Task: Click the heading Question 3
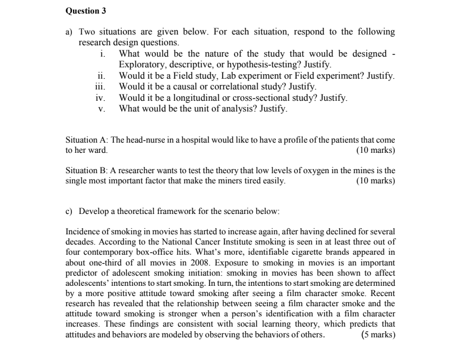pyautogui.click(x=86, y=11)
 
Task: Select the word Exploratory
pyautogui.click(x=142, y=65)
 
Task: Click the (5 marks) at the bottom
pyautogui.click(x=378, y=334)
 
